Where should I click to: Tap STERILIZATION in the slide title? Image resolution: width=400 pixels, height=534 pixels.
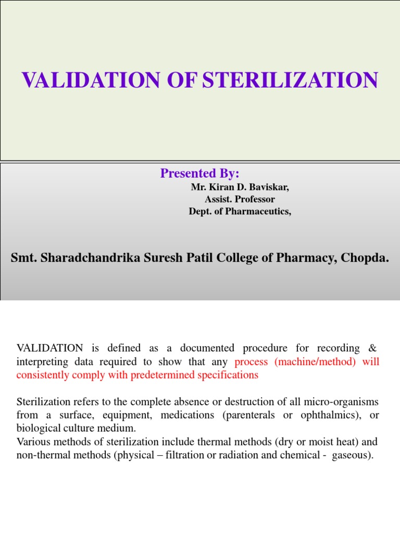click(x=290, y=81)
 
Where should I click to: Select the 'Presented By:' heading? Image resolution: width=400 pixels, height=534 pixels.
click(x=199, y=174)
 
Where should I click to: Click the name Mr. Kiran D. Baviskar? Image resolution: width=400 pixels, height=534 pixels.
click(x=240, y=188)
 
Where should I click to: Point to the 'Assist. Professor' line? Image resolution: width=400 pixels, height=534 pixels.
click(x=240, y=199)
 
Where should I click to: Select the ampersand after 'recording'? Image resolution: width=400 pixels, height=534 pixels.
click(x=372, y=348)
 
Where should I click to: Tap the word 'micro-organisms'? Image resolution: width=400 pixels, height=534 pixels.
click(x=344, y=402)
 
